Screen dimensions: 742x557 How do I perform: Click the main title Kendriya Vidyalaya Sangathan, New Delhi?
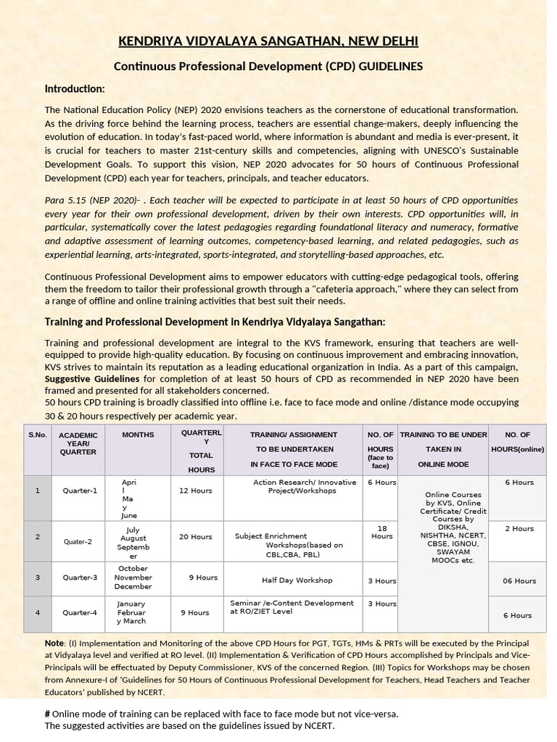tap(268, 41)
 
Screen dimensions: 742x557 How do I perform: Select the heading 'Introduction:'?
tap(75, 88)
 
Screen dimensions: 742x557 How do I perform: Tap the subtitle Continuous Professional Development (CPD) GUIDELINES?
tap(268, 66)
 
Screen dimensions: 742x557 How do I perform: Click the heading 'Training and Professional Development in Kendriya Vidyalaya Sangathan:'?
tap(215, 322)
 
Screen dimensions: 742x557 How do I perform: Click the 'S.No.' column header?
tap(38, 435)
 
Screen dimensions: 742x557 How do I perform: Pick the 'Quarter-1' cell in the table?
tap(80, 491)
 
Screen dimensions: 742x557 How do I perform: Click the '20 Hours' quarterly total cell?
tap(196, 537)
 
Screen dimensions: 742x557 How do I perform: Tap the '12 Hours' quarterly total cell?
tap(196, 491)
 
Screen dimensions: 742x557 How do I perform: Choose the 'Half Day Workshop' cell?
tap(297, 580)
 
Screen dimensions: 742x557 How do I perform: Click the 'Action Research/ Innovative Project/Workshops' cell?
tap(304, 486)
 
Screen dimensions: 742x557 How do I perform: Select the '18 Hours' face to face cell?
tap(381, 533)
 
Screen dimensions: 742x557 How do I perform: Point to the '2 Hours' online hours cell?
tap(519, 528)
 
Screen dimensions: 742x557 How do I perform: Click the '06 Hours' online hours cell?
tap(519, 580)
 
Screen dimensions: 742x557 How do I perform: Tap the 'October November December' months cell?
tap(133, 578)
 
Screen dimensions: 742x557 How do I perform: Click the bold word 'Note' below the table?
tap(54, 643)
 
